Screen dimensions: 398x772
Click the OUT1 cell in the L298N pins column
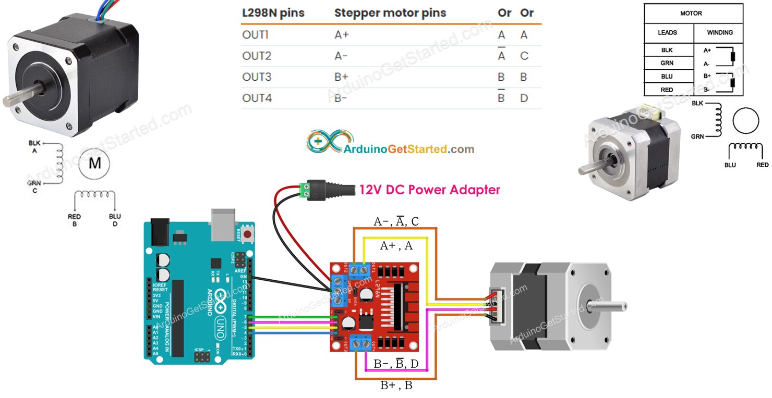[255, 35]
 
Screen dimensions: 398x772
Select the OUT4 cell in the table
[257, 98]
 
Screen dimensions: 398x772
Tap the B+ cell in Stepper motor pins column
[341, 77]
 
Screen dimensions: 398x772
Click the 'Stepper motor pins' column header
[390, 13]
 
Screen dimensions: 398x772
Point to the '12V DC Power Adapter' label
[429, 190]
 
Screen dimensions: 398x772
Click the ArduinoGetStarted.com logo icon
[323, 141]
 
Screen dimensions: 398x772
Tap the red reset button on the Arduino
[246, 235]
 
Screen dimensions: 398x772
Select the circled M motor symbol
[94, 164]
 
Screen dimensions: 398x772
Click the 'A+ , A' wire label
[396, 246]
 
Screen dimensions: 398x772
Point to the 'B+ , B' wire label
[396, 386]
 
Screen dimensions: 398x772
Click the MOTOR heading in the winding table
[691, 13]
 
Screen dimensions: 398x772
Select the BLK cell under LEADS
[667, 51]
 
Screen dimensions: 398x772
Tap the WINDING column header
[719, 32]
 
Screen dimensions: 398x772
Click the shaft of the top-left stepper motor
[16, 99]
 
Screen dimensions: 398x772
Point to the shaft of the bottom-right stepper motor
[610, 305]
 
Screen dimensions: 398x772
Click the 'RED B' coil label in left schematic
[74, 220]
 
